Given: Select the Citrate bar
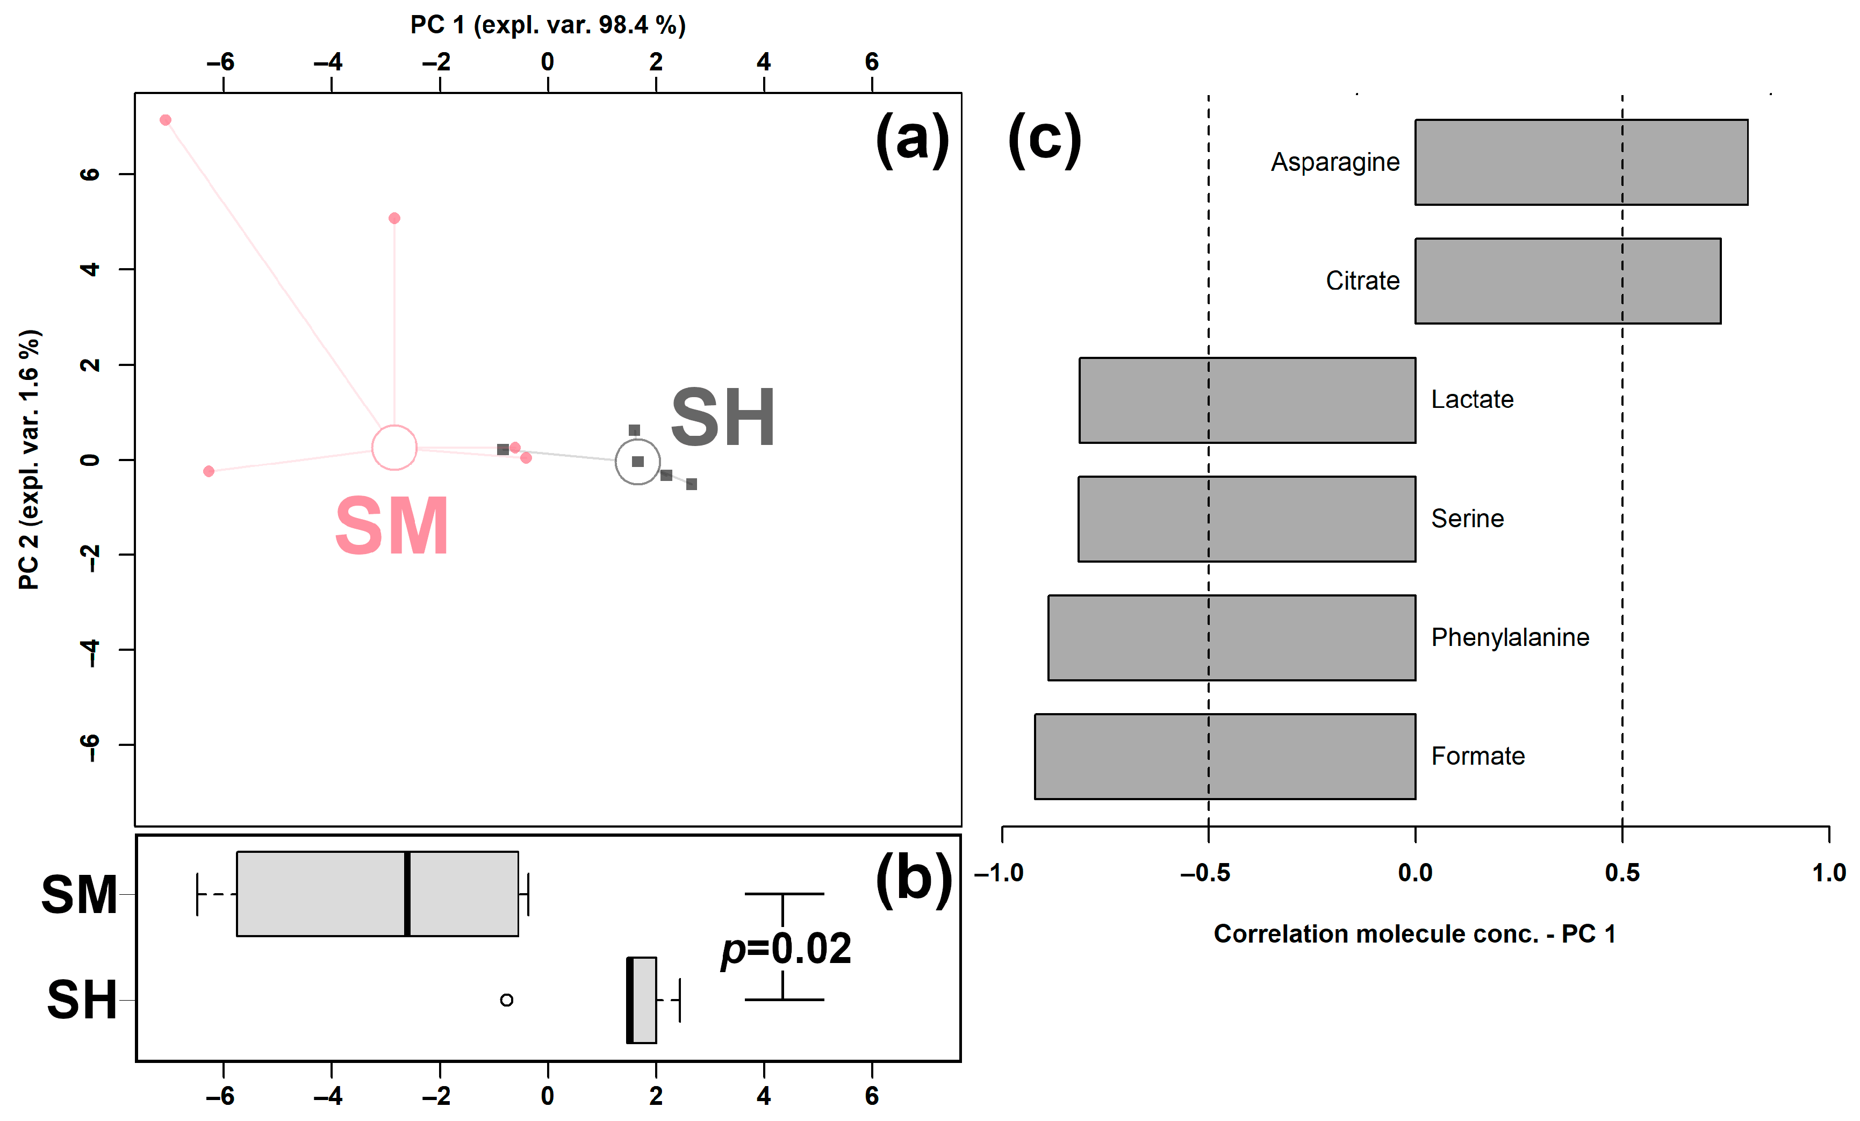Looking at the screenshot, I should click(x=1567, y=281).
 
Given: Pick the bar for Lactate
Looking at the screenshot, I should click(x=1247, y=400).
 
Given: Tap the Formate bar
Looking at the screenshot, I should click(x=1224, y=757).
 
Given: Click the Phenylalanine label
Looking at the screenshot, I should click(x=1510, y=637).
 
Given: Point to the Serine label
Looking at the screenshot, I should click(x=1467, y=519).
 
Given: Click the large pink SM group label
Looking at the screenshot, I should click(x=392, y=526).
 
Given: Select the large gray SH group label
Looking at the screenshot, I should click(x=722, y=418).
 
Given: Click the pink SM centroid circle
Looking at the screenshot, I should click(x=394, y=448).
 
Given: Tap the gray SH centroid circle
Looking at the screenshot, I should click(x=638, y=461).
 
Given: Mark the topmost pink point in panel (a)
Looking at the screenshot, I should click(x=166, y=120).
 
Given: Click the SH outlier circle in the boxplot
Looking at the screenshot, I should click(x=507, y=1000).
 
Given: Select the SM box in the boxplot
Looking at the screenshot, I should click(x=377, y=894).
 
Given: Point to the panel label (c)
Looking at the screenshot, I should click(x=1045, y=139).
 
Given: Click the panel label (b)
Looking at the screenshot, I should click(x=914, y=879).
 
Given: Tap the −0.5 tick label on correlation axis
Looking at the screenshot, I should click(x=1205, y=873).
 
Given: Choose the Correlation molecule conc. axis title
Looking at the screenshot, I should click(x=1414, y=934).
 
